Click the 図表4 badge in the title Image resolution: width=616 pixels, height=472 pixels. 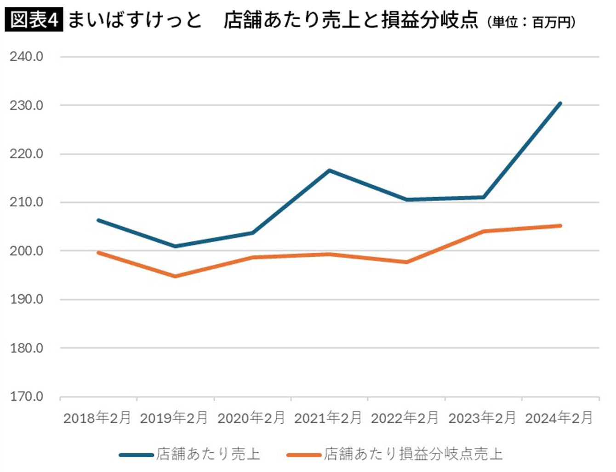pos(34,20)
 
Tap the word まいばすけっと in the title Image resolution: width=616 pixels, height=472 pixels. pos(135,20)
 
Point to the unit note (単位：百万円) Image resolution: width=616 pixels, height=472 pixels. pos(531,22)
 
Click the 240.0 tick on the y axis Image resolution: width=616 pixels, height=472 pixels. pos(27,57)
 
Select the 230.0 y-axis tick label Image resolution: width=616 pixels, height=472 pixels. pos(27,105)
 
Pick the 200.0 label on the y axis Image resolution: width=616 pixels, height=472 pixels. pos(27,251)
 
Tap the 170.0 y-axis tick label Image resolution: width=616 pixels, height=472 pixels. pos(27,396)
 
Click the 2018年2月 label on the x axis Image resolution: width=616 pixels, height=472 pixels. pos(97,418)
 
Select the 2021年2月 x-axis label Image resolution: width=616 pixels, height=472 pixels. pos(328,418)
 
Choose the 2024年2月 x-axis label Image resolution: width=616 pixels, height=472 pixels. pos(559,418)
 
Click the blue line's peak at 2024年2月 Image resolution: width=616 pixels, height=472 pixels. pos(560,104)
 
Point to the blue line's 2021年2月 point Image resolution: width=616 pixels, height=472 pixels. pos(329,171)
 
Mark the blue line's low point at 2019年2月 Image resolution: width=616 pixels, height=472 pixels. pos(175,246)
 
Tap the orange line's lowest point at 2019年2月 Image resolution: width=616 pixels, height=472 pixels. pos(175,276)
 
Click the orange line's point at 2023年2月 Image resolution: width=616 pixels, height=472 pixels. pos(483,231)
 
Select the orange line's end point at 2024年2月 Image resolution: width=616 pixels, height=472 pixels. pos(560,226)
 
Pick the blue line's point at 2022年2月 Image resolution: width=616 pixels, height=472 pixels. pos(406,199)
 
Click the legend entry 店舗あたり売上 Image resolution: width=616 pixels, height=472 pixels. pos(208,454)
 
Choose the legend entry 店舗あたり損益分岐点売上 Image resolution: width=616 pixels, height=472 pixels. pos(413,454)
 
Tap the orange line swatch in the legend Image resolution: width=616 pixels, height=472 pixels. pos(304,455)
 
